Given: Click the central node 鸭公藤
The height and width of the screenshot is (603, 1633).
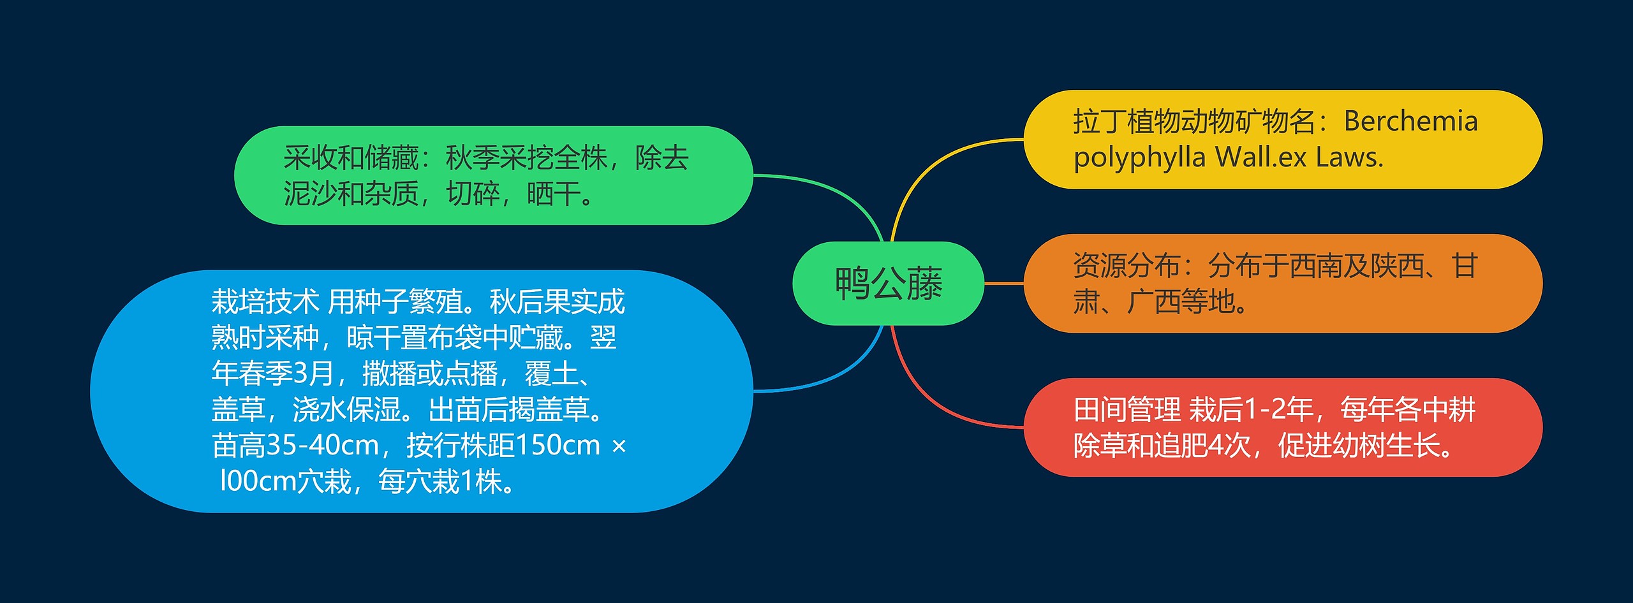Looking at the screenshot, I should pyautogui.click(x=888, y=284).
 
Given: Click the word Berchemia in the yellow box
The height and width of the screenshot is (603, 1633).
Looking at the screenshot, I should pyautogui.click(x=1410, y=121).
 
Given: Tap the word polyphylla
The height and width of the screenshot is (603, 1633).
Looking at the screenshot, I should pyautogui.click(x=1139, y=157).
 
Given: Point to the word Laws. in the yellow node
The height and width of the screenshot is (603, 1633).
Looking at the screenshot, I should pyautogui.click(x=1349, y=157).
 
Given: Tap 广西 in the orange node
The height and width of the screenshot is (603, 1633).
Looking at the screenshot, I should pyautogui.click(x=1153, y=302).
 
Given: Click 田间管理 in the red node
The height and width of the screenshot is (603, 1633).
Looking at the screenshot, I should pyautogui.click(x=1127, y=410).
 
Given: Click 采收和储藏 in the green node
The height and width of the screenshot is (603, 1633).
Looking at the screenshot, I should pyautogui.click(x=351, y=158).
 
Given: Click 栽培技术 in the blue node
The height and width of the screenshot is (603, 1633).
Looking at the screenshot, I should pyautogui.click(x=265, y=301).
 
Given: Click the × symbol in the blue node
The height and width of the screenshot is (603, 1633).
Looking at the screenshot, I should pyautogui.click(x=619, y=446).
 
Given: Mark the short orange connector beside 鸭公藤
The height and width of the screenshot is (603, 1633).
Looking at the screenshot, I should pyautogui.click(x=1004, y=283).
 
